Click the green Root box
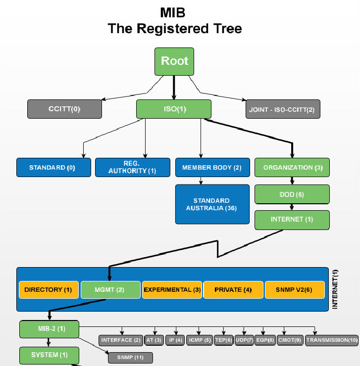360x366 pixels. (x=174, y=61)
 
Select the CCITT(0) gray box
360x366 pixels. (x=64, y=109)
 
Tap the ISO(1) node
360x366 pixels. (x=174, y=109)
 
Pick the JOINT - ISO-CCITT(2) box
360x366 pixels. (x=283, y=109)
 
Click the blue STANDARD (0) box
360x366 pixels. (x=53, y=168)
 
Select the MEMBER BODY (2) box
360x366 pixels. (x=212, y=168)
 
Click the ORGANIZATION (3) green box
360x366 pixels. (x=292, y=168)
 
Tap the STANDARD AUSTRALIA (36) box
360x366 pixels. (x=212, y=204)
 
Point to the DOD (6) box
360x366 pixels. (x=292, y=194)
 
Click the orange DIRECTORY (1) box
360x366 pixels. (x=49, y=290)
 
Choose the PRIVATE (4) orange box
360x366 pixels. (x=233, y=290)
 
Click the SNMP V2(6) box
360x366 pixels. (x=295, y=290)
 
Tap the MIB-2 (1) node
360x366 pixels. (x=49, y=329)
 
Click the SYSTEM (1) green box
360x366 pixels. (x=49, y=355)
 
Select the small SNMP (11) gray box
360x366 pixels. (x=130, y=357)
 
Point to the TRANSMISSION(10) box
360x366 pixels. (x=332, y=340)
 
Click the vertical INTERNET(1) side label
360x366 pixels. (x=335, y=290)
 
